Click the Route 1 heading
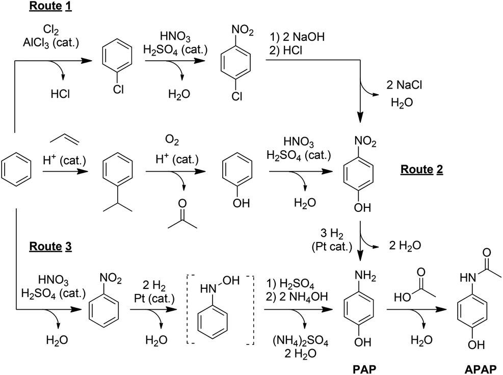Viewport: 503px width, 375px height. tap(50, 7)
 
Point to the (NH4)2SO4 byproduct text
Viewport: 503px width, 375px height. tap(292, 341)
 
